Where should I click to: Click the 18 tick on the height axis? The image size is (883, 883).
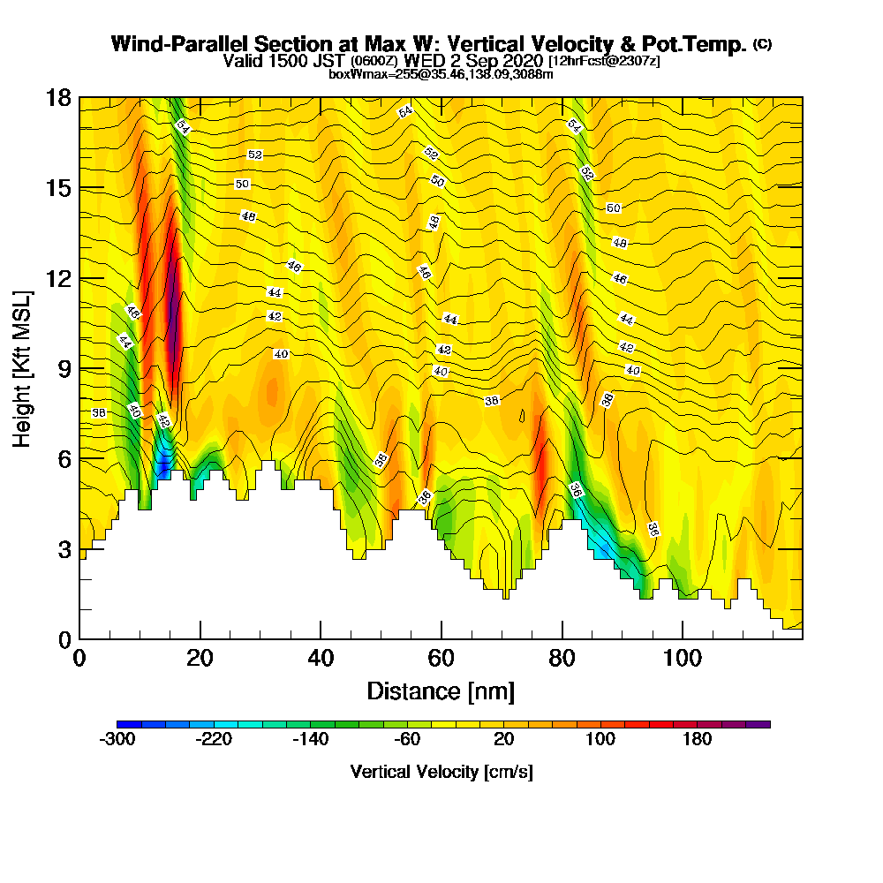point(58,98)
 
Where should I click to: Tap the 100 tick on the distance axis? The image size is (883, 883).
point(682,658)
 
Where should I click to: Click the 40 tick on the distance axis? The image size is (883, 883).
point(321,658)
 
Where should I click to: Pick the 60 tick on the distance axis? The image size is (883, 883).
point(441,658)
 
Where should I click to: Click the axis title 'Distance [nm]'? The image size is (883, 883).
point(441,691)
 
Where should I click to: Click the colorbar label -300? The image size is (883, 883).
point(117,740)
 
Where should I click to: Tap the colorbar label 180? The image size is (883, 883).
point(698,740)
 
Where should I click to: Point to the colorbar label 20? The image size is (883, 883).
point(504,740)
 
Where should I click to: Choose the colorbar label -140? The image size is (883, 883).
point(311,740)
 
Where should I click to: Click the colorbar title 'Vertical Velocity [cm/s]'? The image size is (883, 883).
point(441,772)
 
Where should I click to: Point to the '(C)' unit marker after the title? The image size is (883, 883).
point(762,42)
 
